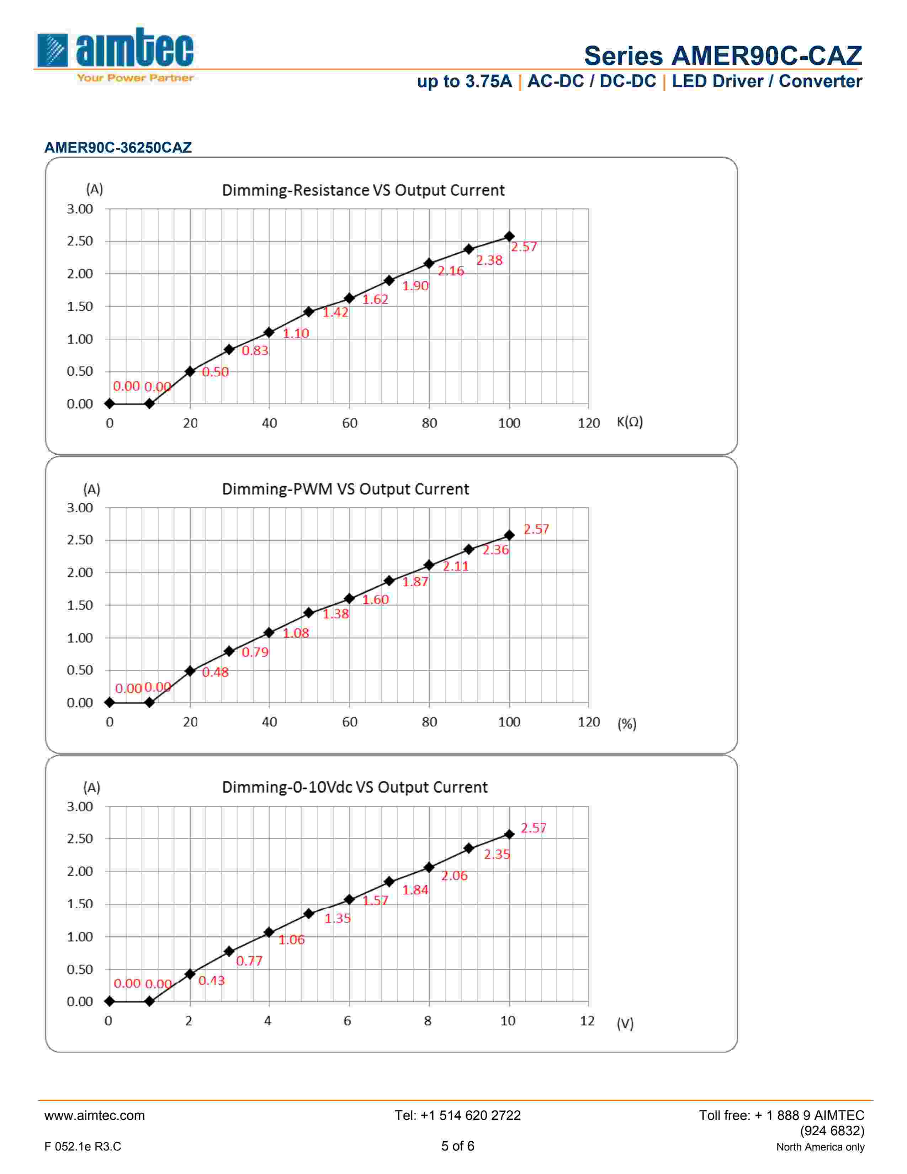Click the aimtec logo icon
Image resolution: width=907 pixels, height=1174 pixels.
(x=53, y=51)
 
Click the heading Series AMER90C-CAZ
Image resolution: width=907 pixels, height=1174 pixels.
(x=723, y=56)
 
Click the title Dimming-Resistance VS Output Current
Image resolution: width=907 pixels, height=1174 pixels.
(x=363, y=190)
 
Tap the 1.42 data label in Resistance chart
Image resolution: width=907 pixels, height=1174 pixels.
(x=335, y=312)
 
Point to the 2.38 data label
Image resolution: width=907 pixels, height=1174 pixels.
(x=489, y=260)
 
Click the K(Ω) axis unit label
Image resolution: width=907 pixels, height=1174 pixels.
(x=629, y=422)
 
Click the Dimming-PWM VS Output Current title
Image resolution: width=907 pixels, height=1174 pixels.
(x=345, y=489)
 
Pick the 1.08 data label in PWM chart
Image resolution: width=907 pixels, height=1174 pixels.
(x=296, y=633)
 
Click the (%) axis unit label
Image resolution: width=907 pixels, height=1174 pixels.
(x=626, y=724)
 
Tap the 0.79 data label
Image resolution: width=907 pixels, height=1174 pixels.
(x=255, y=652)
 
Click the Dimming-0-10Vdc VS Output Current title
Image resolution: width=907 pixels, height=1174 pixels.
(x=355, y=788)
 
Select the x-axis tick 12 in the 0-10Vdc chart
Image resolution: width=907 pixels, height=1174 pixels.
(x=587, y=1021)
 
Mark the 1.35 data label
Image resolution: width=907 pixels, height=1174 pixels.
(x=337, y=919)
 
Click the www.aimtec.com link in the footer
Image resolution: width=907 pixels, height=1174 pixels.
(x=95, y=1115)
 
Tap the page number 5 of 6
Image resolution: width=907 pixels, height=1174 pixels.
(x=458, y=1146)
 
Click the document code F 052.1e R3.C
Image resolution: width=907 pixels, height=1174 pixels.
(x=83, y=1147)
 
